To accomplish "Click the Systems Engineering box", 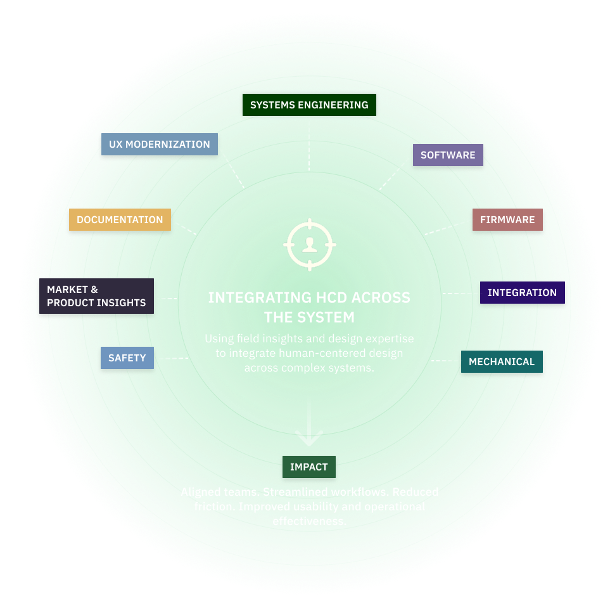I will [x=309, y=105].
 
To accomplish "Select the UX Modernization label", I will [x=159, y=145].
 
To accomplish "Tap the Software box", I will [x=448, y=155].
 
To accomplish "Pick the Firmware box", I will [x=507, y=220].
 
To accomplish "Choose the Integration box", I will [x=522, y=293].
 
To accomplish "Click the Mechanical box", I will [x=502, y=362].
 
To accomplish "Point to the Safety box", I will [x=127, y=358].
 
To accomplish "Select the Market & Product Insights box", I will [x=96, y=297].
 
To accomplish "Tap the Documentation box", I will [x=120, y=220].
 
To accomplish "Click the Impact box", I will [x=308, y=467].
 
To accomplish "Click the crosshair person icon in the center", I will [x=310, y=243].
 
